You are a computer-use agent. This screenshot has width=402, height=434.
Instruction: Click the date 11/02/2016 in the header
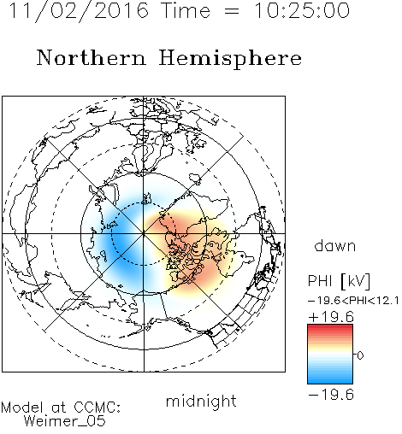[x=79, y=11]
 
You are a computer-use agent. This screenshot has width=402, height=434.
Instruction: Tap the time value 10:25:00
[x=302, y=10]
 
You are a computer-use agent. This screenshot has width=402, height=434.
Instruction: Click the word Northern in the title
[x=92, y=58]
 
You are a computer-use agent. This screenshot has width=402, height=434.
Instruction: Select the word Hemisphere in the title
[x=230, y=59]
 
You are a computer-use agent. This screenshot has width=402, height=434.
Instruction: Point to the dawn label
[x=335, y=246]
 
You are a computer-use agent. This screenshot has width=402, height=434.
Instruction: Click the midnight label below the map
[x=201, y=402]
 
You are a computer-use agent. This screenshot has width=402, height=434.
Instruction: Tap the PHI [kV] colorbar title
[x=339, y=281]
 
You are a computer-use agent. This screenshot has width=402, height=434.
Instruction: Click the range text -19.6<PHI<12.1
[x=353, y=301]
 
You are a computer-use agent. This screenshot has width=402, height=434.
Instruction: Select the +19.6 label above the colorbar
[x=331, y=317]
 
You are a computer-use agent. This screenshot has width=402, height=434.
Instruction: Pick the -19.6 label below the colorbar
[x=331, y=395]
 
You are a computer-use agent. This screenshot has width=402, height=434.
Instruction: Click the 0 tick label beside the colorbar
[x=360, y=355]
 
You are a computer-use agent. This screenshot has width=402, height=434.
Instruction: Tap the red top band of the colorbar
[x=330, y=328]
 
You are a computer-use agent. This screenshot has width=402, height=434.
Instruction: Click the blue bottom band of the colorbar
[x=330, y=380]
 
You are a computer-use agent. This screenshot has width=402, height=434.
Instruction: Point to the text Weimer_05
[x=65, y=421]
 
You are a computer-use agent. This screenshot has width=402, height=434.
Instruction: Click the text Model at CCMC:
[x=61, y=408]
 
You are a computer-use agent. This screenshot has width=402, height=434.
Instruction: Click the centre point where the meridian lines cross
[x=144, y=234]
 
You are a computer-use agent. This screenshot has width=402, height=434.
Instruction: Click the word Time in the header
[x=186, y=10]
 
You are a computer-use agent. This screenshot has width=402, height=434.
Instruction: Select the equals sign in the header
[x=232, y=11]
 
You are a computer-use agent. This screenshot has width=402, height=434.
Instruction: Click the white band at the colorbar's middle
[x=330, y=355]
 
